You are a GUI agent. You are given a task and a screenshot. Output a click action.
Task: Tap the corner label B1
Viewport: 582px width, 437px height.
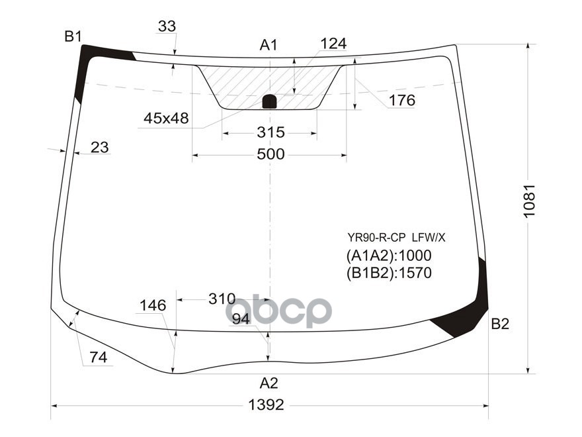[x=73, y=37]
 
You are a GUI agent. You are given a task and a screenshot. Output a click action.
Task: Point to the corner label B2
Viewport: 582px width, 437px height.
[x=501, y=324]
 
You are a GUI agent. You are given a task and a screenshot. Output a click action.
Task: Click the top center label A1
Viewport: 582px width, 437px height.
[x=268, y=45]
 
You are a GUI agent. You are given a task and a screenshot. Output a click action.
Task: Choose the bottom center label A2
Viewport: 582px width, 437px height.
[x=269, y=382]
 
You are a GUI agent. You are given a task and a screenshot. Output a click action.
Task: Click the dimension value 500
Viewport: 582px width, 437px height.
[x=270, y=154]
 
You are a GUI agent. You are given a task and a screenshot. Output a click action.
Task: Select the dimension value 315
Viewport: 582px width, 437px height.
[x=270, y=132]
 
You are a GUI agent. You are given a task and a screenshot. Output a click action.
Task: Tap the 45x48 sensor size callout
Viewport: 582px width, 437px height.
[x=166, y=119]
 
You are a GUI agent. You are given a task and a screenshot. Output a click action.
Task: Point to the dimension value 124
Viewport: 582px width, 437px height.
[x=333, y=44]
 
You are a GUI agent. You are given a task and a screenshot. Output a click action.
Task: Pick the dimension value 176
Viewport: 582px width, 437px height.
[x=401, y=101]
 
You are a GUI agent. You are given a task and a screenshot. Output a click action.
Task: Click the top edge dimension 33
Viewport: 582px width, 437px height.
[x=167, y=26]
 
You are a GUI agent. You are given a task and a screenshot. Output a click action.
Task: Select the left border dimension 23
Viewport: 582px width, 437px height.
[x=99, y=148]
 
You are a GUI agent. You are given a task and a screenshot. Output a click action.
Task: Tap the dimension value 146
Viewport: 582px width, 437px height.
[x=152, y=305]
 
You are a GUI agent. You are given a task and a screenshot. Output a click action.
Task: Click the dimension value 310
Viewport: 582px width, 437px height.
[x=222, y=299]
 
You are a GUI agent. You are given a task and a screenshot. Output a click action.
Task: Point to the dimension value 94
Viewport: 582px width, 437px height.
[x=241, y=319]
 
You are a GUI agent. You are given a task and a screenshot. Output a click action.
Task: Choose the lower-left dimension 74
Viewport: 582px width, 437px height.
[x=98, y=358]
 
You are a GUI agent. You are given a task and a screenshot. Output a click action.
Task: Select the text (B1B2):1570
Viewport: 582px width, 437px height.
[x=388, y=273]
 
